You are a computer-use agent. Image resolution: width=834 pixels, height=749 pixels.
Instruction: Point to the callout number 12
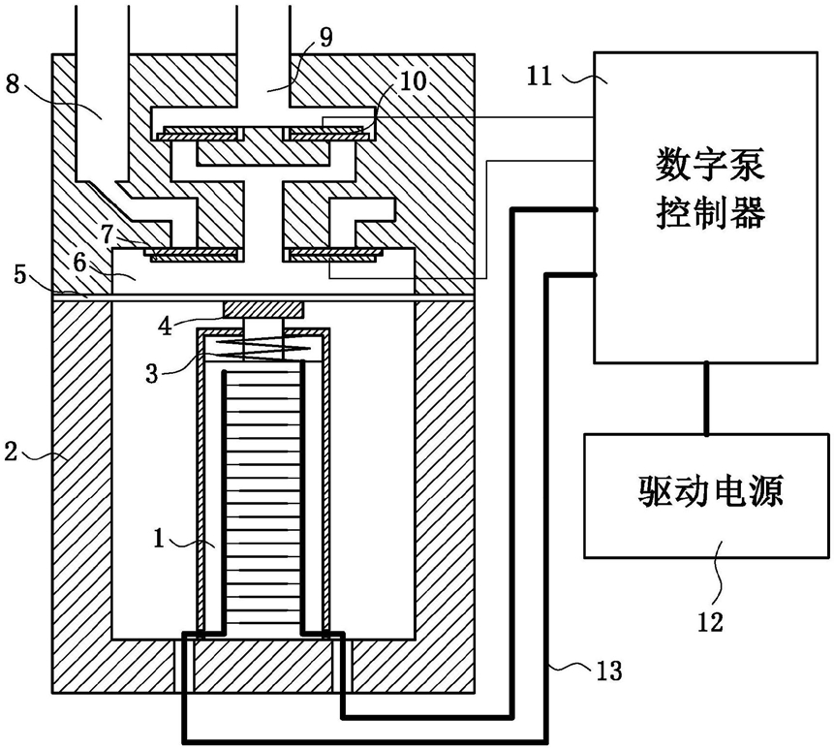pyautogui.click(x=710, y=620)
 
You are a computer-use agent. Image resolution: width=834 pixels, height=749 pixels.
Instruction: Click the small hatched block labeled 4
pyautogui.click(x=263, y=309)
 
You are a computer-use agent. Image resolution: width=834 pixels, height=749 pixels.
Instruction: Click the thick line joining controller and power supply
pyautogui.click(x=707, y=396)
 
